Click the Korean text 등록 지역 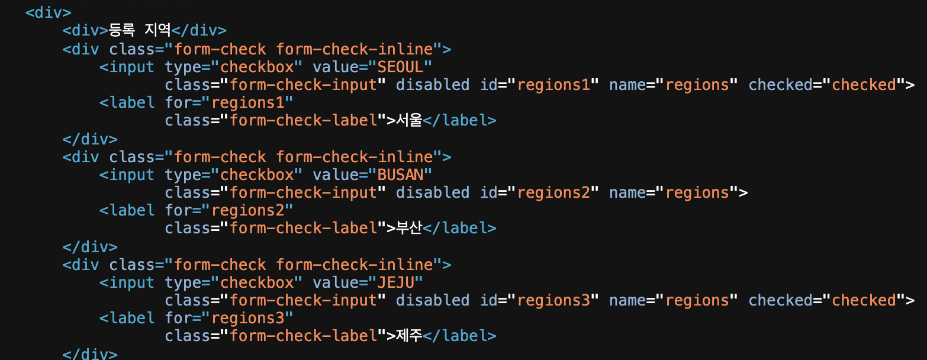coord(140,30)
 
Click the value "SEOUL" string coord(401,67)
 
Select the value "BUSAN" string coord(401,175)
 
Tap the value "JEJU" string coord(396,282)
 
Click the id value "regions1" coord(553,85)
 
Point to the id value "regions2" coord(553,192)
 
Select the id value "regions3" coord(553,300)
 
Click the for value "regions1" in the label coord(248,102)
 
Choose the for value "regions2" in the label coord(248,210)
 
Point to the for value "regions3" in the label coord(248,318)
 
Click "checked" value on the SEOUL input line coord(864,85)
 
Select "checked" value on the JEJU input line coord(864,300)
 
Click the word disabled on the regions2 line coord(433,192)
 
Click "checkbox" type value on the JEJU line coord(257,282)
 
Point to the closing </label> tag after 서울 coord(460,120)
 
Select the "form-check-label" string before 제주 coord(304,336)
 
